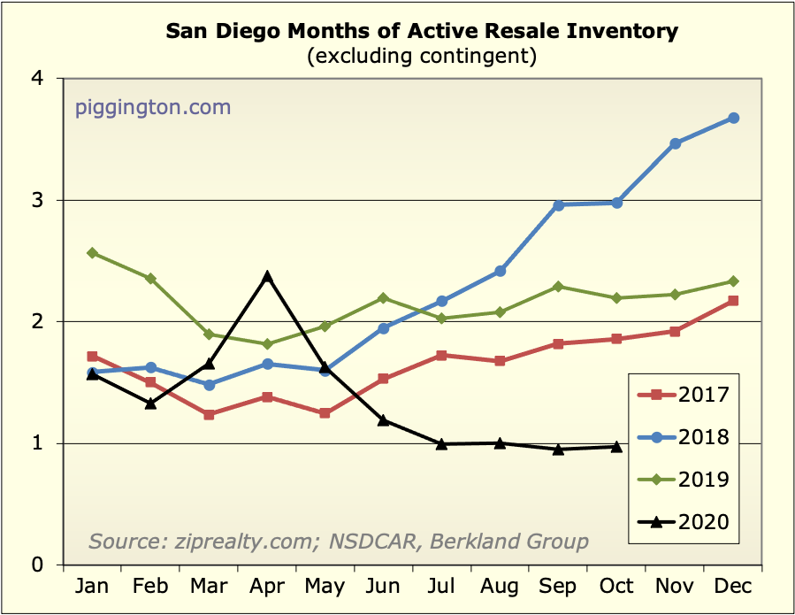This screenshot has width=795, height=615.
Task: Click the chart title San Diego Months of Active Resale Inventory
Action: coord(422,32)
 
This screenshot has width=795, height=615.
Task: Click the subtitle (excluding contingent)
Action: coord(422,57)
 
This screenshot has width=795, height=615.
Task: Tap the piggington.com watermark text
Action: coord(152,108)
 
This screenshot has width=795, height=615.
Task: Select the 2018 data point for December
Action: coord(733,118)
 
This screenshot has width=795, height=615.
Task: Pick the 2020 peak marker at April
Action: coord(267,277)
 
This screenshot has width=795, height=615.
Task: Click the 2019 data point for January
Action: coord(92,253)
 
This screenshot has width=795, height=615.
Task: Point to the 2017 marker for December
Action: coord(733,301)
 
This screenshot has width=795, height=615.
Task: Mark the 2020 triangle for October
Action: coord(616,447)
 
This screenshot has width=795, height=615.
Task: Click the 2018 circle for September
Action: coord(558,205)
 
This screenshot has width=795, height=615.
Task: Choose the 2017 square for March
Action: coord(209,414)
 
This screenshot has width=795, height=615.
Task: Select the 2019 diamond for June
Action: coord(383,298)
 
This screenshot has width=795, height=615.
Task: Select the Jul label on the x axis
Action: coord(441,588)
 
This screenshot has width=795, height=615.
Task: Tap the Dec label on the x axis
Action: coord(733,588)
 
